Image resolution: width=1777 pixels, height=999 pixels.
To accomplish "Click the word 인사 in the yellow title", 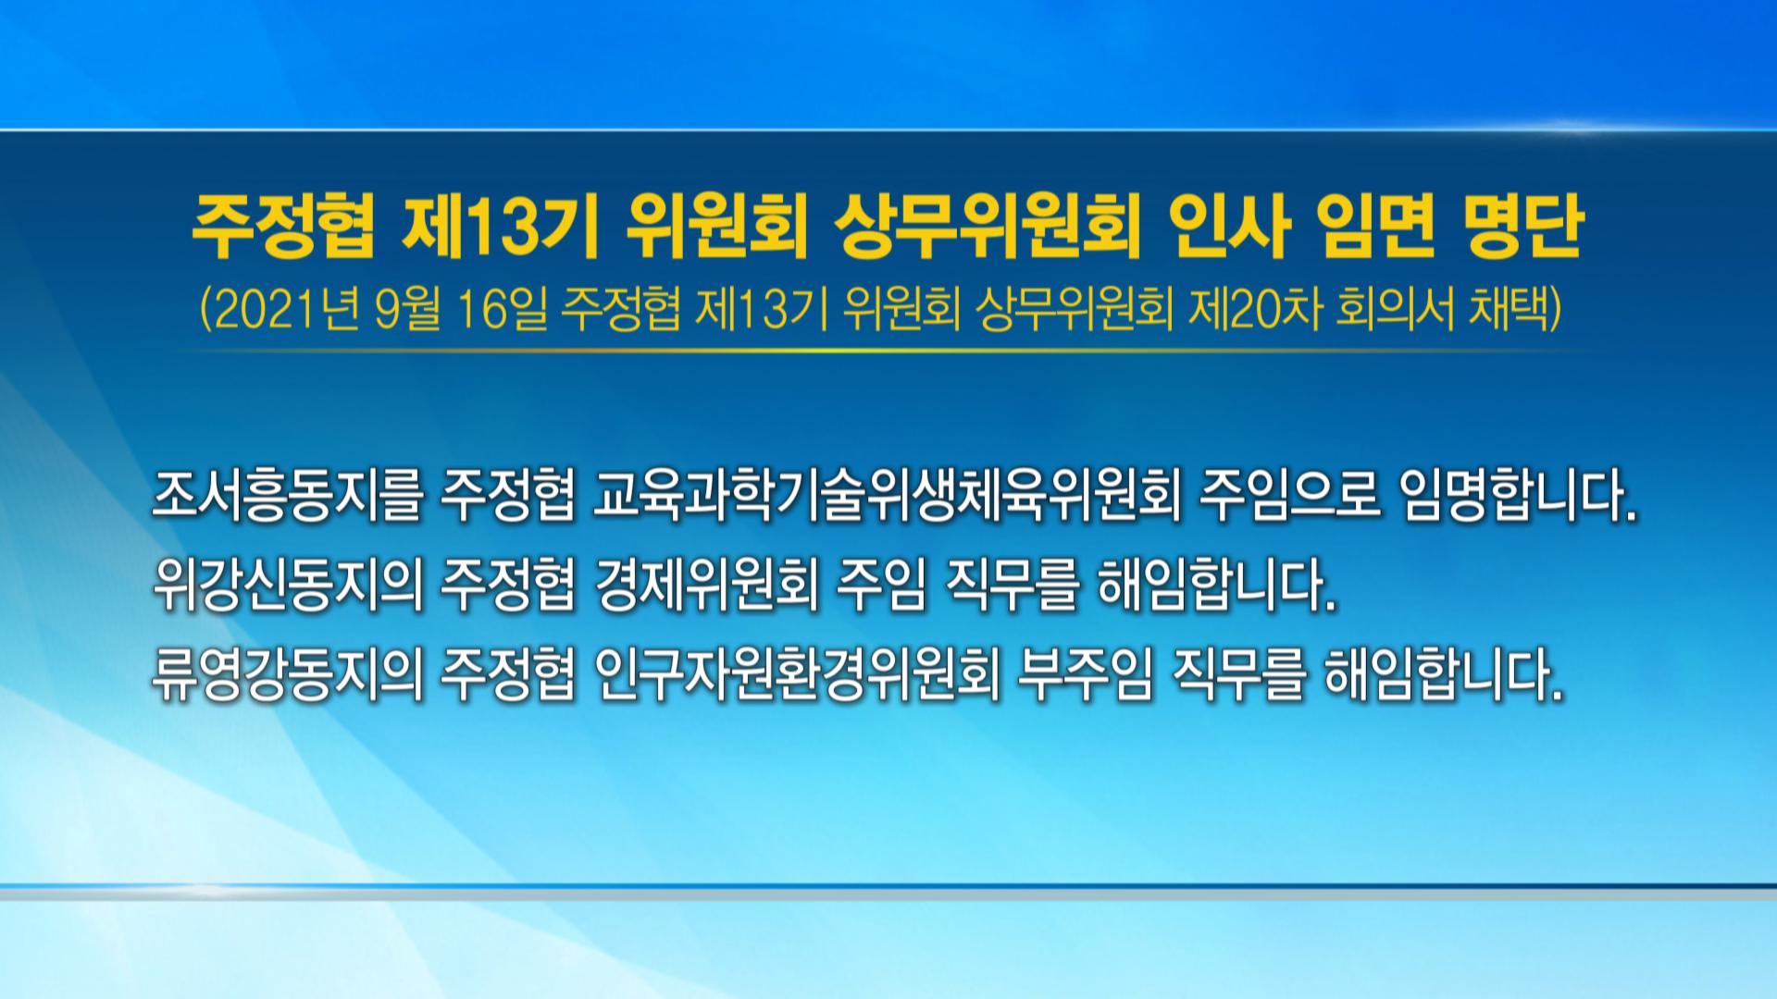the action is click(x=1227, y=228).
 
